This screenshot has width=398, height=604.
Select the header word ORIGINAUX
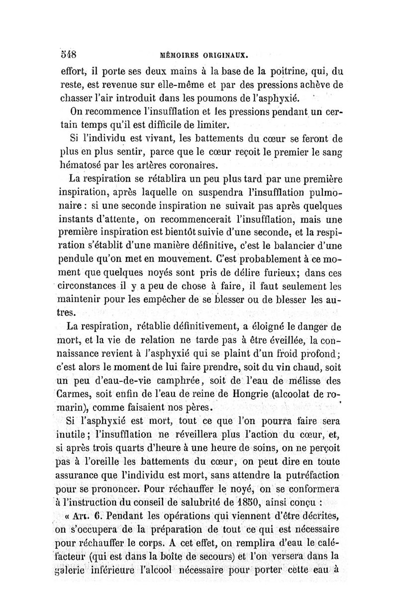(229, 54)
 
